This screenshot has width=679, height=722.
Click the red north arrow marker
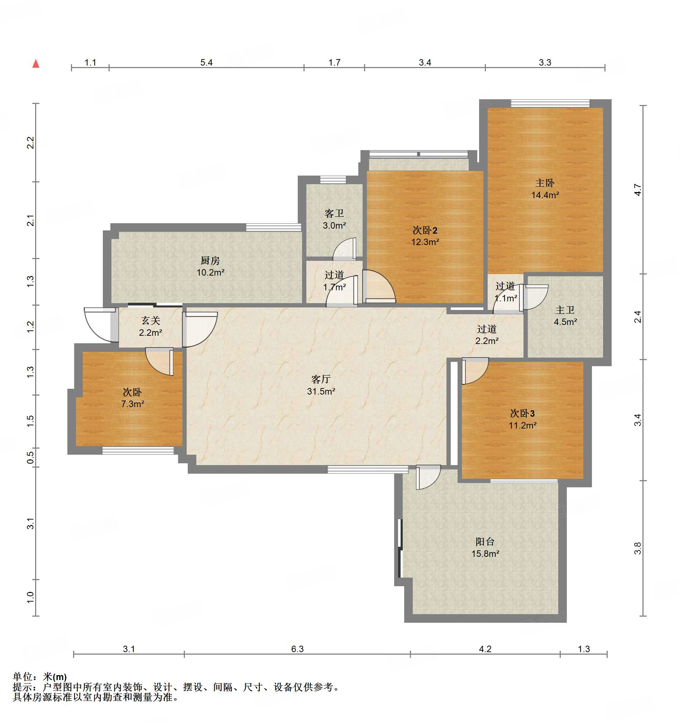[x=35, y=63]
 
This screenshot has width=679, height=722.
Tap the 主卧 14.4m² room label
[x=545, y=189]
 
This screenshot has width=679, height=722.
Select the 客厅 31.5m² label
[x=321, y=385]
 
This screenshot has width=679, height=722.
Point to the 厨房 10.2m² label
[x=210, y=266]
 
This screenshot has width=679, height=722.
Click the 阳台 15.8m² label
[x=485, y=548]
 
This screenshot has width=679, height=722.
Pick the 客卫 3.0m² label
[x=334, y=219]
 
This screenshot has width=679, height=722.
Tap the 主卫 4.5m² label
[x=565, y=316]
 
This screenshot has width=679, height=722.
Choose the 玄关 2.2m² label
[x=150, y=326]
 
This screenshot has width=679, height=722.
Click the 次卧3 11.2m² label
[x=522, y=419]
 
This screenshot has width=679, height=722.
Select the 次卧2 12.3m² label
[x=425, y=236]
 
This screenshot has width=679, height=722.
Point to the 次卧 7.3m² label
[x=132, y=398]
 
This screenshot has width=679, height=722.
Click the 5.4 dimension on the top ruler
[x=206, y=62]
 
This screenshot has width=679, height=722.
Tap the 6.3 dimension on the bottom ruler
[x=297, y=649]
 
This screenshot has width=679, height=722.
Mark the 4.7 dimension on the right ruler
[x=637, y=190]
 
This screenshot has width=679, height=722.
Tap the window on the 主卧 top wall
[x=550, y=103]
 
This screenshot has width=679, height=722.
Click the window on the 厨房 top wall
[x=273, y=228]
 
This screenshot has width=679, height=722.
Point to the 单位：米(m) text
[x=40, y=676]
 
